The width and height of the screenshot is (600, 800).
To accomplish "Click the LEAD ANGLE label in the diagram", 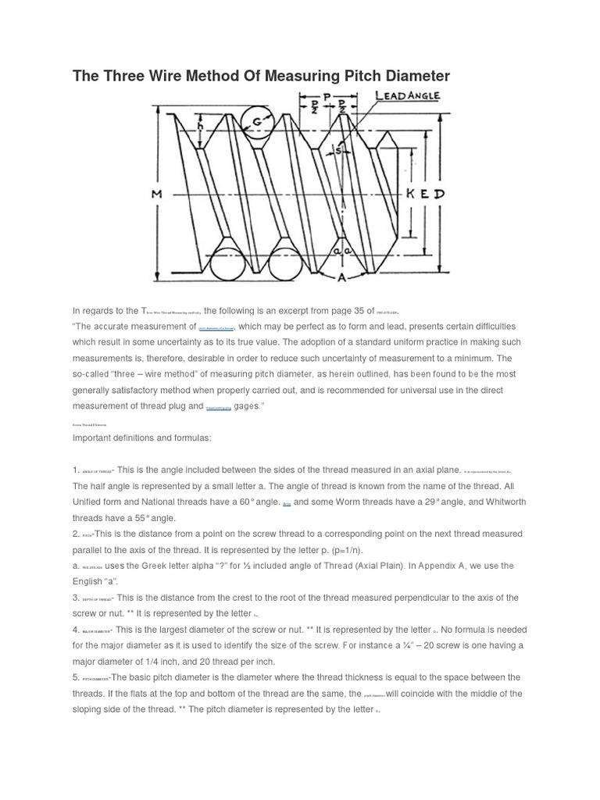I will point(408,96).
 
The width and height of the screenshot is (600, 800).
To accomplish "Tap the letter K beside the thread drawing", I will point(410,194).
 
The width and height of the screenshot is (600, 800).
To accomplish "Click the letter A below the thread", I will point(341,277).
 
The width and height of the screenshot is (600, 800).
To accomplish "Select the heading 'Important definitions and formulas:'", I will point(141,437).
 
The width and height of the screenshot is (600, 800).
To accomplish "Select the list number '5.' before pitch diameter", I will point(76,677).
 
